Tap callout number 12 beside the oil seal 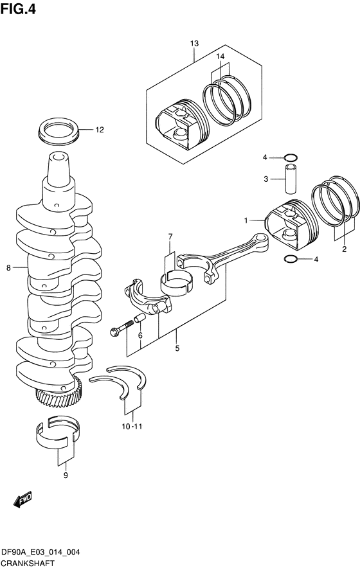[99, 130]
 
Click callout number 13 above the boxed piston [194, 43]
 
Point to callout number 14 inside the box [220, 57]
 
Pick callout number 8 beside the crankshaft [8, 268]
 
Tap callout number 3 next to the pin [265, 179]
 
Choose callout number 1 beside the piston [245, 221]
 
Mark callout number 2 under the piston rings [344, 249]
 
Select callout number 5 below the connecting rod [177, 348]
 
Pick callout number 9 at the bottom [65, 476]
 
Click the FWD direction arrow [22, 499]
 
